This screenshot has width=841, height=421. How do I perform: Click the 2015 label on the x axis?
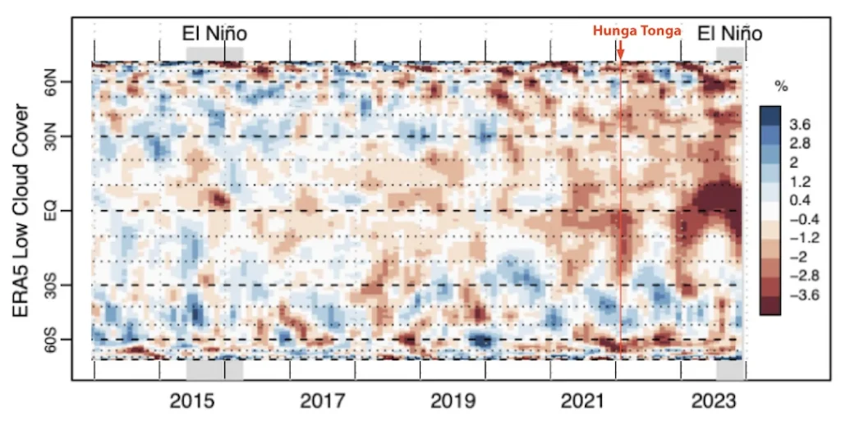(x=192, y=401)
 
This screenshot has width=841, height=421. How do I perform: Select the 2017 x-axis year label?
(x=322, y=401)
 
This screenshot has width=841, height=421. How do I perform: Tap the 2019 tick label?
(x=452, y=401)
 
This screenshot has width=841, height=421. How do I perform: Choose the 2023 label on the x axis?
(x=712, y=401)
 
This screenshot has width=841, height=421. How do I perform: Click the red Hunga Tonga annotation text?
(x=637, y=31)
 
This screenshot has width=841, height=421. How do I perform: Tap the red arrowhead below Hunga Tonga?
(x=620, y=55)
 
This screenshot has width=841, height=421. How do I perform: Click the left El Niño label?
(x=214, y=33)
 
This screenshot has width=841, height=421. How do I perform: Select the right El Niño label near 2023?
(x=729, y=33)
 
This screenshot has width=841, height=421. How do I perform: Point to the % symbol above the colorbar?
(x=781, y=86)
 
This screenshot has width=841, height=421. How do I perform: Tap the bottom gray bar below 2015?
(x=214, y=369)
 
